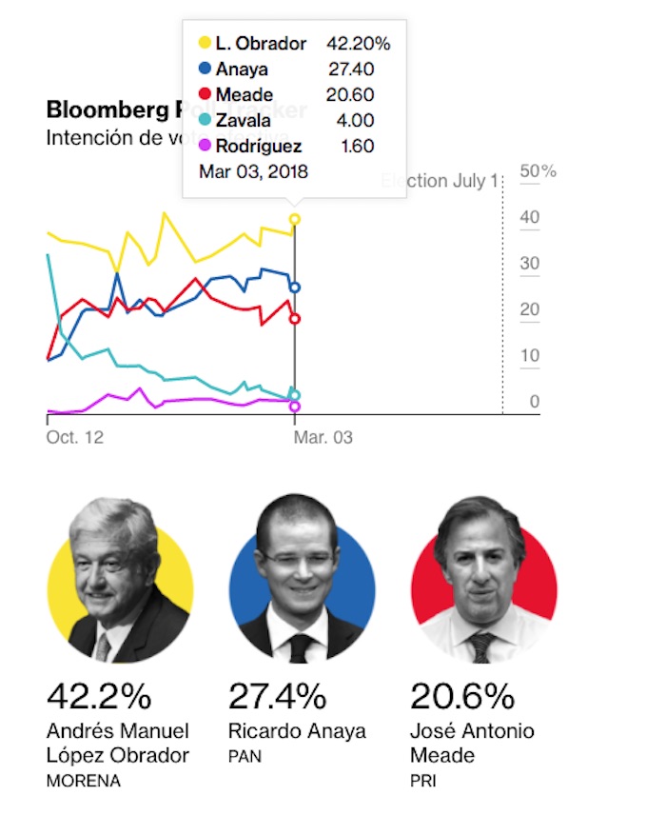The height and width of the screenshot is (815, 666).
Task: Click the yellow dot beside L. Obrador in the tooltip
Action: (205, 43)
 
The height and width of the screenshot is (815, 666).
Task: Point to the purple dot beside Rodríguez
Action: (205, 146)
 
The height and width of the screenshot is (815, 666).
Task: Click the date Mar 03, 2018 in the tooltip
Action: (253, 171)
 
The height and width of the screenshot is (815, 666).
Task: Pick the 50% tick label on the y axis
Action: (538, 171)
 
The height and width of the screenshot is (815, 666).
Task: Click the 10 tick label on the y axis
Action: (530, 356)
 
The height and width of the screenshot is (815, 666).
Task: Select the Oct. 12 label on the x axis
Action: (74, 437)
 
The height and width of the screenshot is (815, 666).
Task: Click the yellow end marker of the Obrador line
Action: (295, 219)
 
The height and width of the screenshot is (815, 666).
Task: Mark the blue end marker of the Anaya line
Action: (295, 287)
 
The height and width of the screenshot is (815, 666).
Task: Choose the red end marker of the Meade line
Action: (295, 319)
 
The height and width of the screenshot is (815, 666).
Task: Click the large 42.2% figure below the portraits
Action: (98, 697)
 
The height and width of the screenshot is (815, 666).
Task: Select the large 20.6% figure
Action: (462, 697)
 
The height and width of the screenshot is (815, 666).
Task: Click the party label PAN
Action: (245, 757)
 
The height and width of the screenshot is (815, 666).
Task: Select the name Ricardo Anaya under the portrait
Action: (297, 731)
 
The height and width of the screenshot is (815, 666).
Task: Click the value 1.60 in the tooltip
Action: (357, 146)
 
